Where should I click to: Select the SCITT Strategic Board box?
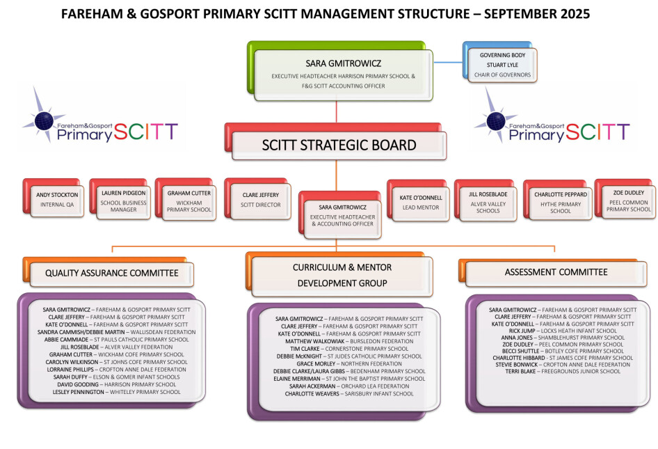point(336,141)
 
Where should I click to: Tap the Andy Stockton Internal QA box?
point(54,198)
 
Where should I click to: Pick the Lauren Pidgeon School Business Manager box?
point(120,199)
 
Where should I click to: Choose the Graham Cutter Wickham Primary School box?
point(186,199)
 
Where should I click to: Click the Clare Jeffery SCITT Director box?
point(257,199)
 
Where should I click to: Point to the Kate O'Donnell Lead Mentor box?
point(418,200)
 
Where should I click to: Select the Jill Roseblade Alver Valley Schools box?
point(486,200)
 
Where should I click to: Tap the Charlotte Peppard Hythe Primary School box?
point(558,200)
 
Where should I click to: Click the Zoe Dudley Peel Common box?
point(625,199)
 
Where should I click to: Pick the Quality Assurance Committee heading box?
point(109,272)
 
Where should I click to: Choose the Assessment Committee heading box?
point(553,273)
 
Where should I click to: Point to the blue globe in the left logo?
point(44,121)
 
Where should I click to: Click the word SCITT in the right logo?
point(597,132)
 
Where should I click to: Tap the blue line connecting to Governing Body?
point(448,63)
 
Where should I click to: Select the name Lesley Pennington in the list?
point(78,392)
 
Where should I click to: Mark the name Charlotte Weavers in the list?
point(312,393)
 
